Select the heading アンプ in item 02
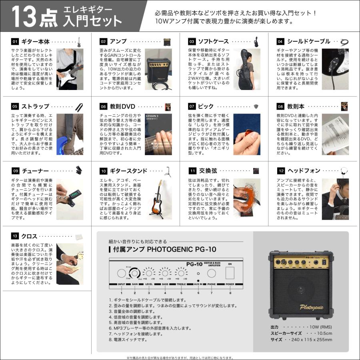pos(118,42)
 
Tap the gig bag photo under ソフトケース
pos(245,69)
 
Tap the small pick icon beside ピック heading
pos(256,106)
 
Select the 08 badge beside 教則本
pos(280,107)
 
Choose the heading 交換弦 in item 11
pos(209,171)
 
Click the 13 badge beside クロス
pos(15,236)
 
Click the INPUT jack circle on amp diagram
pos(121,273)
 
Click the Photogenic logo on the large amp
pos(311,307)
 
